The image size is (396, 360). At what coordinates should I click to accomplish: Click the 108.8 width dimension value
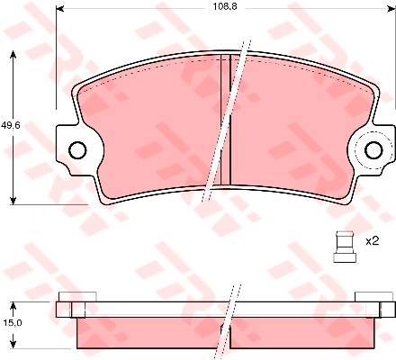[225, 7]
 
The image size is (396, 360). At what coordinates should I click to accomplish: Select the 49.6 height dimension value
[11, 125]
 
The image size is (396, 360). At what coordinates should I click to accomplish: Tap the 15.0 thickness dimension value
[13, 323]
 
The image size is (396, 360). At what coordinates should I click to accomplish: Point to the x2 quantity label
[373, 241]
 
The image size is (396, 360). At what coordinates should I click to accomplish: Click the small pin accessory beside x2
[345, 247]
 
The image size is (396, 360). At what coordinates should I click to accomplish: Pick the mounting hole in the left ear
[77, 149]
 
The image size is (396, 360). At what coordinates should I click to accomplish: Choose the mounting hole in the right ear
[373, 150]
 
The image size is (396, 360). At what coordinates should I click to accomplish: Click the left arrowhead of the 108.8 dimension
[60, 9]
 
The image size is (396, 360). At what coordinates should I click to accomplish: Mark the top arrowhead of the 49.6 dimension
[13, 55]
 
